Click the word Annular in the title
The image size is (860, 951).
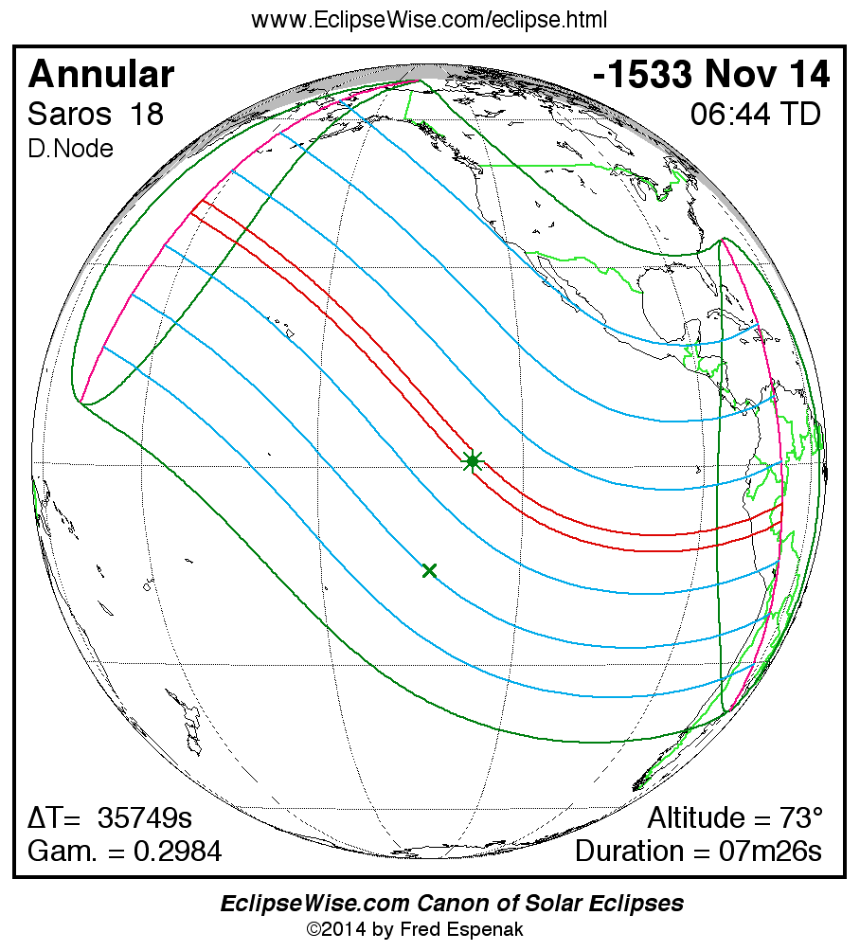(101, 75)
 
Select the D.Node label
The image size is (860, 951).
(70, 149)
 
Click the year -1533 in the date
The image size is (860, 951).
(644, 75)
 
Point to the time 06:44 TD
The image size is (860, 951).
(755, 115)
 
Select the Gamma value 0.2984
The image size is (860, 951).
(177, 852)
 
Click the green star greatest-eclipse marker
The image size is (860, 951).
(472, 461)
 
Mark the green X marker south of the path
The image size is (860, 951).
(429, 570)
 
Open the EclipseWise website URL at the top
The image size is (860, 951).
(429, 20)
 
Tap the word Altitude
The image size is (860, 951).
(697, 818)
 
